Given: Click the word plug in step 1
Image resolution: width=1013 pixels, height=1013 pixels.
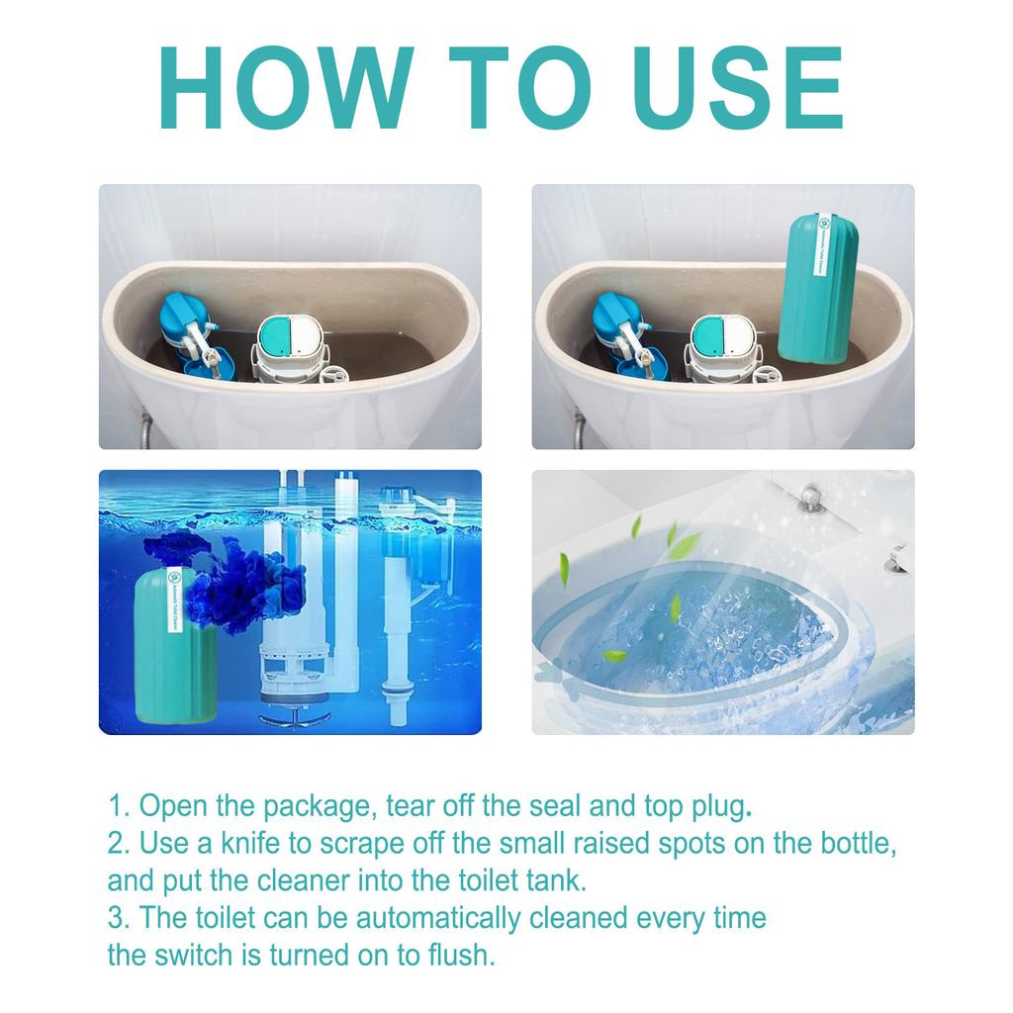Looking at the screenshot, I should coord(714,806).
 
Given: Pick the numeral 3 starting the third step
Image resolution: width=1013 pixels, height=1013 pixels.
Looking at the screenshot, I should coord(116,918).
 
